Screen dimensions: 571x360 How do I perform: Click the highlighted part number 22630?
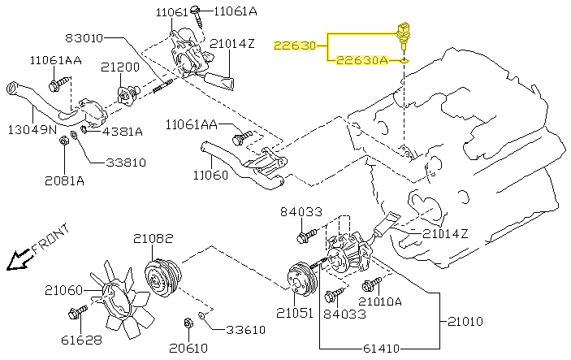[x=295, y=46]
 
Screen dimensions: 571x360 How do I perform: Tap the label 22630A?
[x=362, y=60]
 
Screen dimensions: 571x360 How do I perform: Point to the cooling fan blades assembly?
[x=119, y=299]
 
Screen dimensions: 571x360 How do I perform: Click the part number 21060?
[x=64, y=290]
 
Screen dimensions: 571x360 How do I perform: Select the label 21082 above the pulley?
[x=153, y=239]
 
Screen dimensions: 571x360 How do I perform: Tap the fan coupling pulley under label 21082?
[x=162, y=278]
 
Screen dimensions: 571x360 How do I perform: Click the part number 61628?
[x=81, y=340]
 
